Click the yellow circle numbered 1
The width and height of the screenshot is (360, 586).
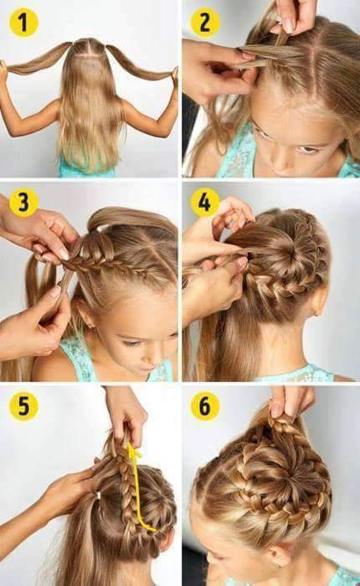(23, 23)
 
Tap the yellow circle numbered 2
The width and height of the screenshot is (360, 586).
(205, 23)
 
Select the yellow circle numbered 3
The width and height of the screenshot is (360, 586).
(23, 203)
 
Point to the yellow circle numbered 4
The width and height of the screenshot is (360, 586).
(205, 203)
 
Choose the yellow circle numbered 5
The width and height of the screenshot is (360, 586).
(23, 406)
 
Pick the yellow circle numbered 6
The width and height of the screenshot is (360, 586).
(205, 406)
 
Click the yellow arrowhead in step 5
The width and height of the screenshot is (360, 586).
(133, 451)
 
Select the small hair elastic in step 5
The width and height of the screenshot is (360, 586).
(97, 496)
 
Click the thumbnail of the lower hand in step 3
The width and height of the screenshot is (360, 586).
(57, 291)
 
